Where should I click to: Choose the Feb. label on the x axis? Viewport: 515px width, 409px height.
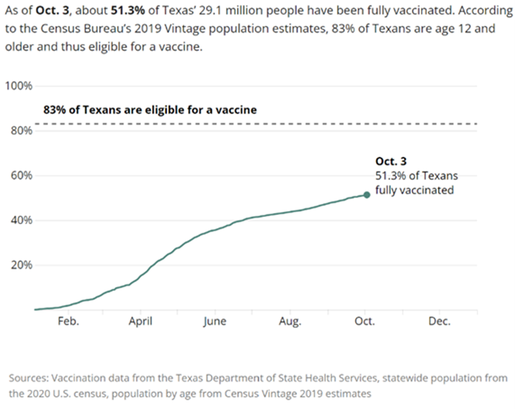tap(68, 322)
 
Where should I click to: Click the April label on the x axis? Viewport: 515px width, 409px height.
tap(141, 322)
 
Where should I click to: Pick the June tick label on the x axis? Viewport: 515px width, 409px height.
tap(214, 322)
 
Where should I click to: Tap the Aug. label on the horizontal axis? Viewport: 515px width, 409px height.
tap(290, 322)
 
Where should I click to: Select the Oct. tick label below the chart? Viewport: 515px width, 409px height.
tap(365, 322)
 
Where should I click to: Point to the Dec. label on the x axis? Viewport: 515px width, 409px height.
tap(439, 322)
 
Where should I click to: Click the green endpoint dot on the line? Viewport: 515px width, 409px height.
tap(367, 195)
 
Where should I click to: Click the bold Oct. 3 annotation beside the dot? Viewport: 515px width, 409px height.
tap(391, 162)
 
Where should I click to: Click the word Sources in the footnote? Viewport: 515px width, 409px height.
tap(29, 378)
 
